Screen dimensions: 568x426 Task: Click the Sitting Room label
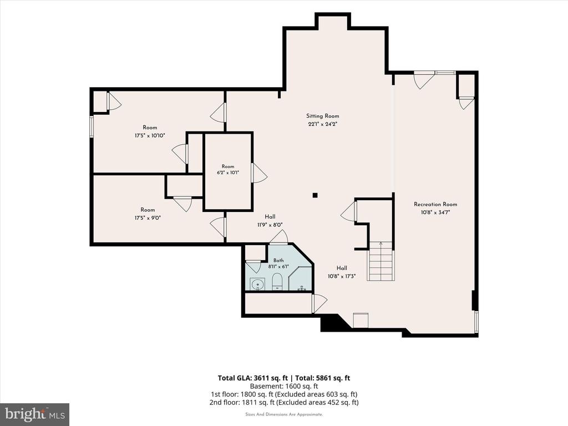coord(323,116)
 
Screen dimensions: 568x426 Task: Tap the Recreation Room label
coord(435,204)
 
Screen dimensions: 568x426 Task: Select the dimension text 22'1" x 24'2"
coord(323,124)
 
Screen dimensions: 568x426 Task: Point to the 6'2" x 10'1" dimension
coord(228,173)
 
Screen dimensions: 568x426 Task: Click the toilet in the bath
coord(277,282)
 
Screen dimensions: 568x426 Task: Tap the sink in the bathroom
coord(257,284)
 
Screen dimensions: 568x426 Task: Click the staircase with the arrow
coord(381,261)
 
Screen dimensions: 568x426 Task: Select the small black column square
coord(315,195)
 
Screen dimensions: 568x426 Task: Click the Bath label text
coord(278,260)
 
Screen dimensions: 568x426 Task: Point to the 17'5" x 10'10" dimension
coord(150,135)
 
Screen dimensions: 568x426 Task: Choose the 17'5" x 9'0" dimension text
coord(148,218)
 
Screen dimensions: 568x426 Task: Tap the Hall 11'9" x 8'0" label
coord(270,221)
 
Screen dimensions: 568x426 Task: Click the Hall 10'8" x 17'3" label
coord(342,272)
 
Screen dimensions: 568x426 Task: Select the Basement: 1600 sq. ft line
coord(284,386)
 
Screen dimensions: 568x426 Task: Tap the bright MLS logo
coord(35,413)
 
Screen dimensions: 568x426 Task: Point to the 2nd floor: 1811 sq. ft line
coord(284,402)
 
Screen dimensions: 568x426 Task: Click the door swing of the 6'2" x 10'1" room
coord(260,173)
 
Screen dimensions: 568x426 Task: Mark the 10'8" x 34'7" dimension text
coord(435,212)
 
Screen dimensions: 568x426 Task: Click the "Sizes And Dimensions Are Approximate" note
coord(284,414)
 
